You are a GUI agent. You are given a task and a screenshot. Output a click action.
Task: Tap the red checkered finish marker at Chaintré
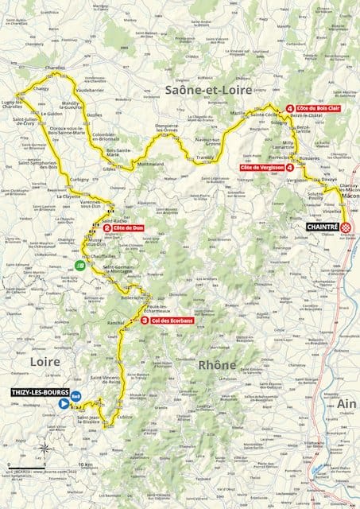pos(346,226)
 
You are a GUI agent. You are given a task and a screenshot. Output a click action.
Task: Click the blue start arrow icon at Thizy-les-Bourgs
pos(63,403)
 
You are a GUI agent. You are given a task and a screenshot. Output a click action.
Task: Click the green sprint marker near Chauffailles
pos(79,265)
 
